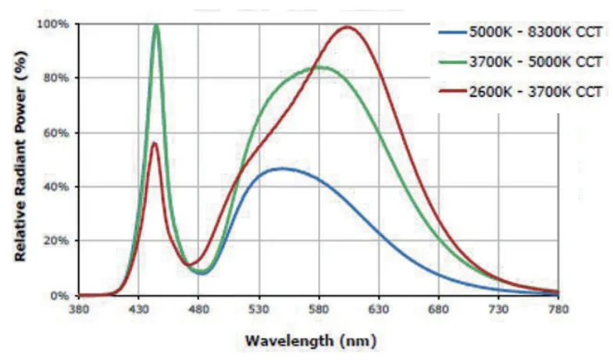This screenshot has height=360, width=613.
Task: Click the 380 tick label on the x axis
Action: coord(79,310)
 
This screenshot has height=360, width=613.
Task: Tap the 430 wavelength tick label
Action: coord(139,310)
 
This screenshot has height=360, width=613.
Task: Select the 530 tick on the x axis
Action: coord(258,310)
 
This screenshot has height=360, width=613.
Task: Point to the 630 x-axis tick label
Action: coord(379,310)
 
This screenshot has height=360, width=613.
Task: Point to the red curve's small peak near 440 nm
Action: coord(155,143)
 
